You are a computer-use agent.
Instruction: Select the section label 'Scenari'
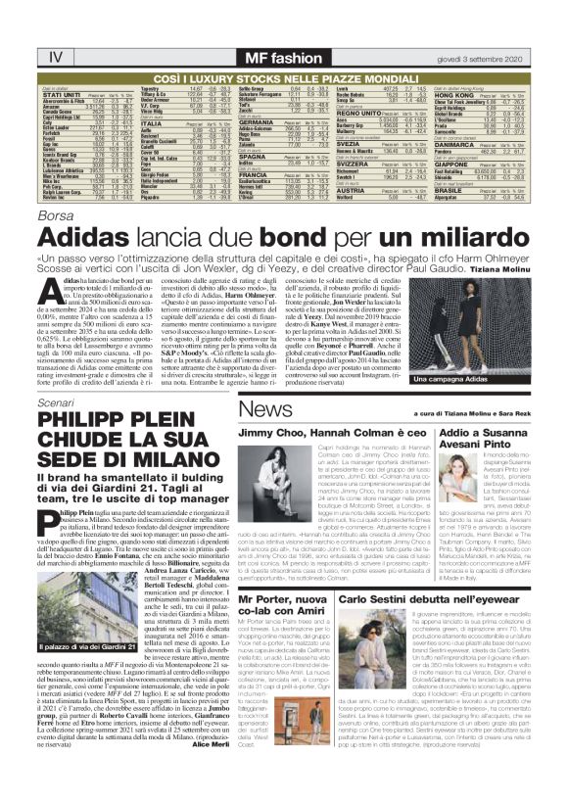(53, 403)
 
